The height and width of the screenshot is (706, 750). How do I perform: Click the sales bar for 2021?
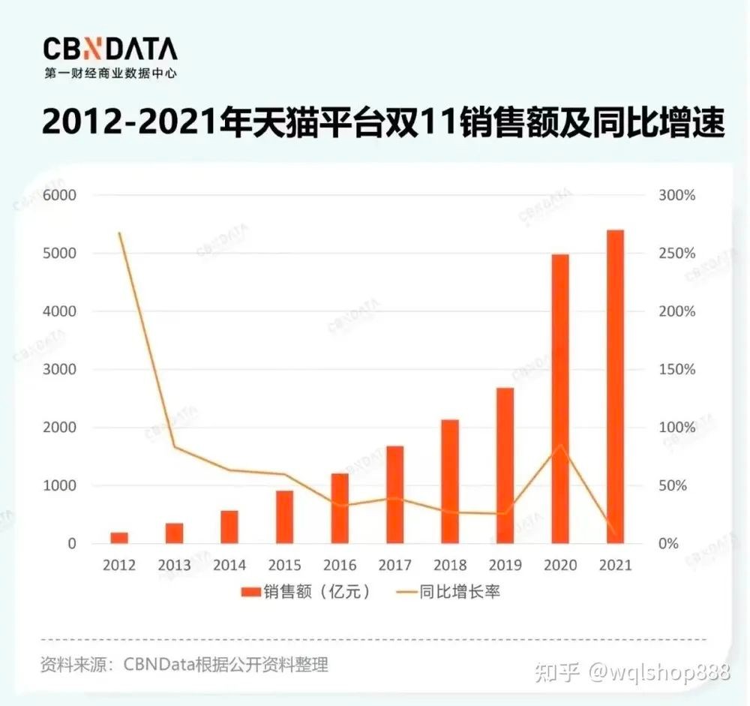(615, 386)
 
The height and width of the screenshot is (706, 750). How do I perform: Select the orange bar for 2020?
(560, 398)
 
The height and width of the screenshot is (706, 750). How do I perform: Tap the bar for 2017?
(395, 494)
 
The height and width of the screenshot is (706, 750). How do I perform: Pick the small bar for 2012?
(119, 537)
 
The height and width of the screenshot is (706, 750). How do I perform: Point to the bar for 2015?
(284, 517)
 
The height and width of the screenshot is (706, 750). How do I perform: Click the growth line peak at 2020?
(560, 446)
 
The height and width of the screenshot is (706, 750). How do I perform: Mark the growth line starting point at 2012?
(119, 233)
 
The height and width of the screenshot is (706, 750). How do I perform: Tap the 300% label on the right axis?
(678, 195)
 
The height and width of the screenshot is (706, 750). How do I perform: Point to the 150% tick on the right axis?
(678, 370)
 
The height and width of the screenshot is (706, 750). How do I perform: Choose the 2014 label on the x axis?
(229, 566)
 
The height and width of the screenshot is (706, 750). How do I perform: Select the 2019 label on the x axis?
(505, 566)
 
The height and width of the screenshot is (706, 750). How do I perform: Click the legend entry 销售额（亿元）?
(307, 592)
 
